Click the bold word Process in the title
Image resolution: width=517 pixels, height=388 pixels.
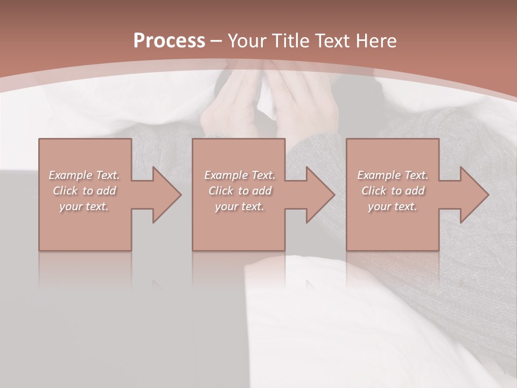(169, 40)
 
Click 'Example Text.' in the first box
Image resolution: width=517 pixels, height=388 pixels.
(85, 175)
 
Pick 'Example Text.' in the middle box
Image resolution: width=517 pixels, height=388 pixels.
(240, 175)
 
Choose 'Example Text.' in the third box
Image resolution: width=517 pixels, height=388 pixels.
(393, 175)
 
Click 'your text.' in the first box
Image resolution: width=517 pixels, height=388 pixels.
(84, 206)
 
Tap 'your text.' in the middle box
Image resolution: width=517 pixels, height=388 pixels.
(239, 206)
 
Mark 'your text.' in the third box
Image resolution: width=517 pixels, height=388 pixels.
(393, 206)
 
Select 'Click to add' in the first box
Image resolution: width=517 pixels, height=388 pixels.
(85, 191)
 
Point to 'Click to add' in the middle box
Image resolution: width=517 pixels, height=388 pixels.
(240, 191)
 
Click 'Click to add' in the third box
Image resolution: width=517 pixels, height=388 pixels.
(393, 191)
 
